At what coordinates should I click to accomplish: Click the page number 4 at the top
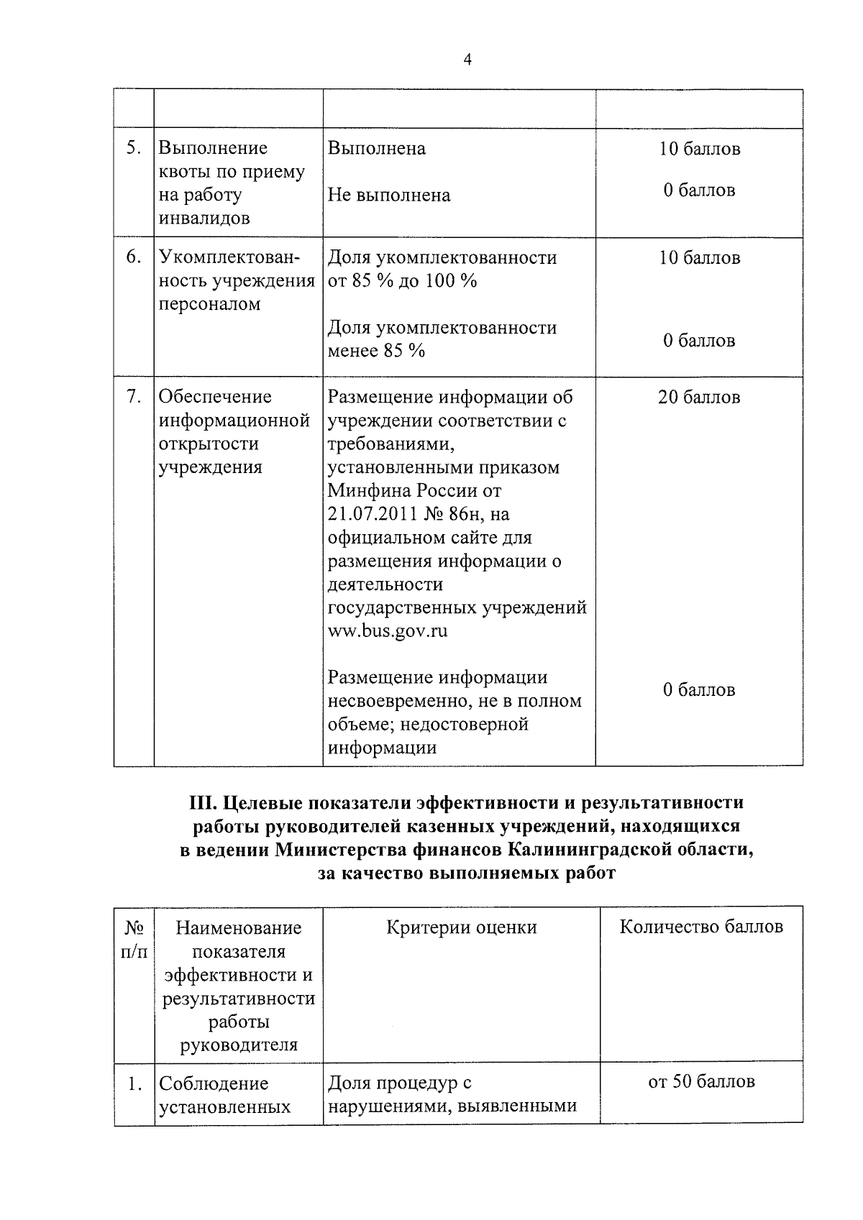pyautogui.click(x=467, y=60)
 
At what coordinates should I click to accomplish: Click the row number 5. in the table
pyautogui.click(x=133, y=148)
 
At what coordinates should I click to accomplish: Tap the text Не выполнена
pyautogui.click(x=389, y=196)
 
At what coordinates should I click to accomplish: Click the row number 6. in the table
pyautogui.click(x=133, y=257)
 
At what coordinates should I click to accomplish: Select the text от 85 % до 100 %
pyautogui.click(x=403, y=281)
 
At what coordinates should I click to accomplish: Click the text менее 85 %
pyautogui.click(x=376, y=351)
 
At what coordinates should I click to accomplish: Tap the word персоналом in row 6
pyautogui.click(x=209, y=304)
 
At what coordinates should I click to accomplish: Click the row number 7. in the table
pyautogui.click(x=133, y=397)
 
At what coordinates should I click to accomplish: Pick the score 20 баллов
pyautogui.click(x=698, y=398)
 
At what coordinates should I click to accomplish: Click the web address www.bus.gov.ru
pyautogui.click(x=388, y=631)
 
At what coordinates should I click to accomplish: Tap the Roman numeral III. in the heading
pyautogui.click(x=204, y=802)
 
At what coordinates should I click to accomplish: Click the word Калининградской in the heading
pyautogui.click(x=585, y=850)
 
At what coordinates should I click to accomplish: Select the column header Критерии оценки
pyautogui.click(x=461, y=927)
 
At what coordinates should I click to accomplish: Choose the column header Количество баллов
pyautogui.click(x=701, y=927)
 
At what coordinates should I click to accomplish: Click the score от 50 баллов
pyautogui.click(x=701, y=1082)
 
